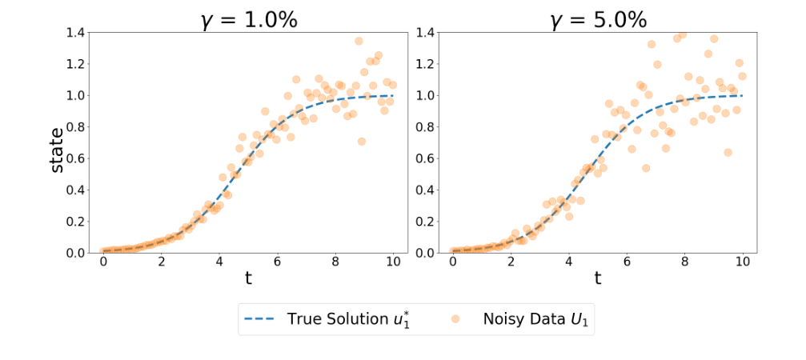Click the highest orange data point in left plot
click(x=359, y=41)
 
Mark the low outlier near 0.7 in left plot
click(x=361, y=141)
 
